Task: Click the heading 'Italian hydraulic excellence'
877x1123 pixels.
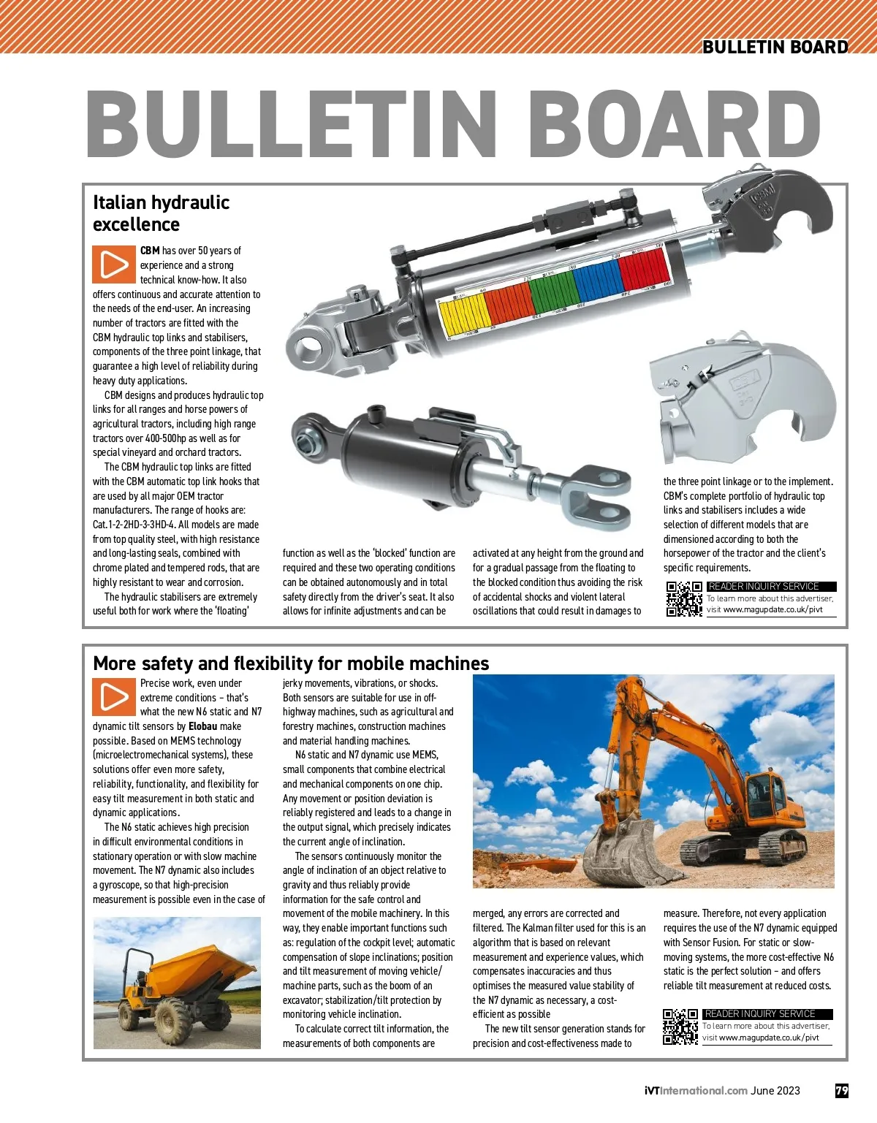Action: tap(161, 213)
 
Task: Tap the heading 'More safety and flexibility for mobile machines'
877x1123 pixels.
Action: tap(291, 663)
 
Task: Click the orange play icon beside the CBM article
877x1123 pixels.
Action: tap(114, 264)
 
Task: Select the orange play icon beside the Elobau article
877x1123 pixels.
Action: tap(114, 697)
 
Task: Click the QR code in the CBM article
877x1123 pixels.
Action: tap(684, 599)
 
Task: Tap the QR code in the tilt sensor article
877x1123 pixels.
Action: tap(680, 1027)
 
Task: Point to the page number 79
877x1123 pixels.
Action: tap(842, 1091)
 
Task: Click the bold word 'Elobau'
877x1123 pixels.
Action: tap(203, 726)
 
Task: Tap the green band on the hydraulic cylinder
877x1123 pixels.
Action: tap(553, 293)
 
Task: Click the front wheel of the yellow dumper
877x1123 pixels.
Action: tap(172, 1018)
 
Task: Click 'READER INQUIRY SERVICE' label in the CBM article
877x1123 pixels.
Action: tap(764, 586)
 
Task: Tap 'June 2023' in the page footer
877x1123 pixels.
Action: tap(775, 1091)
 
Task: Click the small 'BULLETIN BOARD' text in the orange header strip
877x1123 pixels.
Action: tap(775, 47)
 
